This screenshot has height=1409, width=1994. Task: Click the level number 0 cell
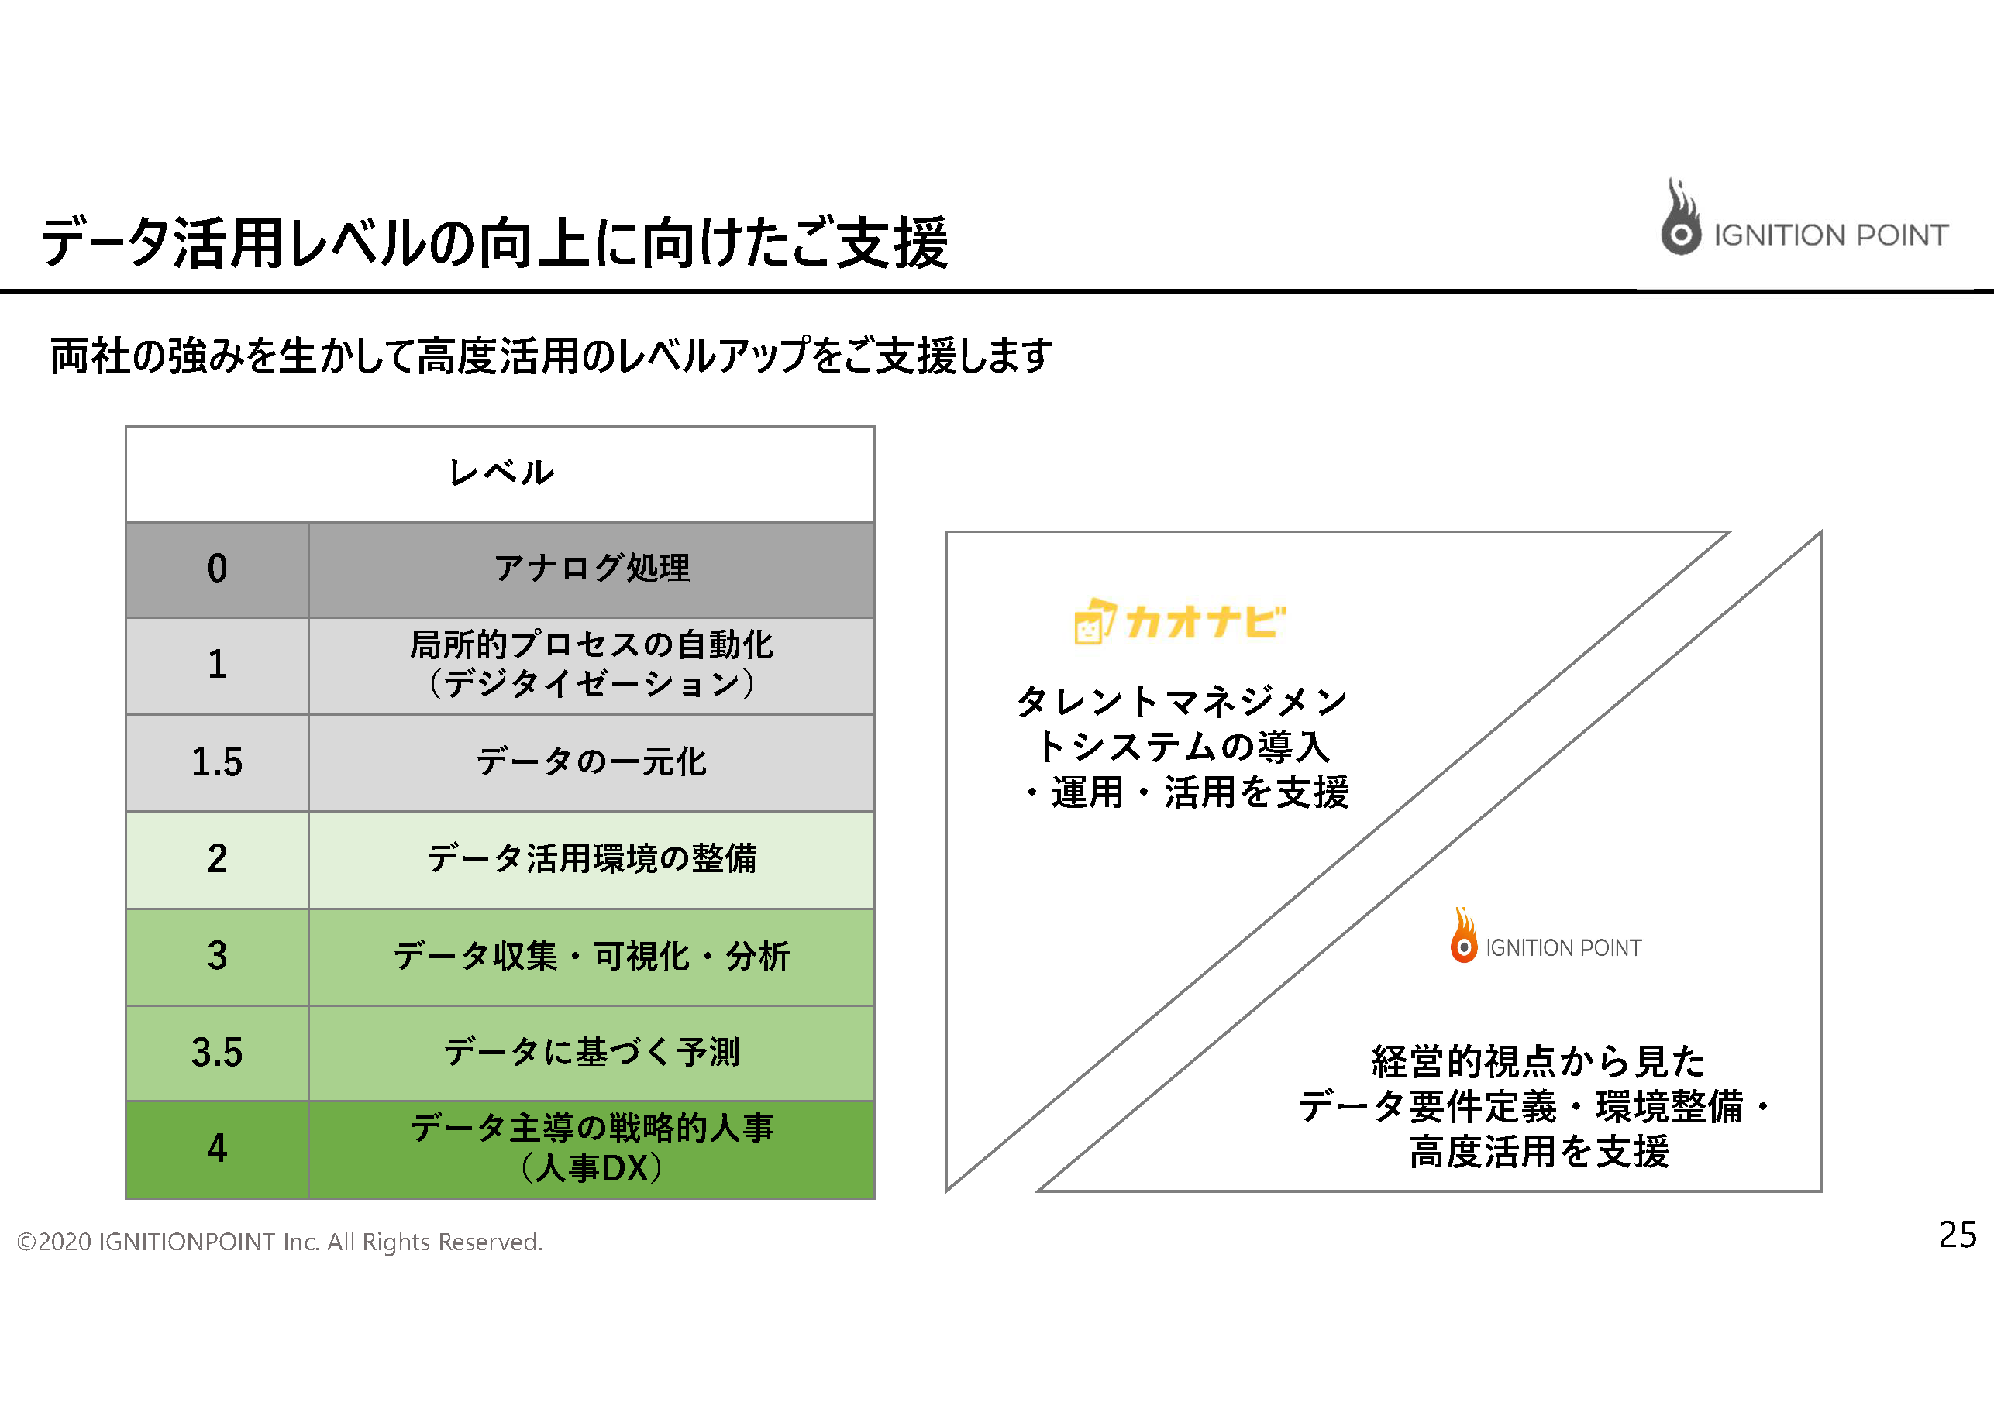coord(217,569)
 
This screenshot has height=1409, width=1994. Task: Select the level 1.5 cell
coord(217,762)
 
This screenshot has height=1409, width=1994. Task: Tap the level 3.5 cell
coord(217,1052)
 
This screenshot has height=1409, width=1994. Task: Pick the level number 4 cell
coord(217,1150)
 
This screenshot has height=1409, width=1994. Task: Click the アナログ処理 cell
coord(591,569)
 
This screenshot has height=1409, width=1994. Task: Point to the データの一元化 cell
coord(591,762)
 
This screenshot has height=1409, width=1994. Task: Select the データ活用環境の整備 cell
coord(591,860)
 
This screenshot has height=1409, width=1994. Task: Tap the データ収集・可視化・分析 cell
coord(591,957)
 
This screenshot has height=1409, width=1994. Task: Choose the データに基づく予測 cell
coord(591,1052)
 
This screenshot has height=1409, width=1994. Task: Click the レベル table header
coord(500,474)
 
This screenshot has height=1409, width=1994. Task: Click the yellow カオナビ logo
coord(1180,621)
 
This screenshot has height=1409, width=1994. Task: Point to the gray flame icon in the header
coord(1680,217)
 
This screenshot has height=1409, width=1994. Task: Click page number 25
coord(1958,1235)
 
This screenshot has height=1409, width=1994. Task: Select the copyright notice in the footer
coord(280,1242)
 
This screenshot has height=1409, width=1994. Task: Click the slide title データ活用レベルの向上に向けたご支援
coord(495,242)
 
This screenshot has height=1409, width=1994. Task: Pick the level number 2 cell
coord(217,860)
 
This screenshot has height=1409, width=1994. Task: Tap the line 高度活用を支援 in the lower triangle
coord(1539,1152)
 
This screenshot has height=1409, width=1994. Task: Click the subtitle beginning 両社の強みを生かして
coord(552,356)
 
